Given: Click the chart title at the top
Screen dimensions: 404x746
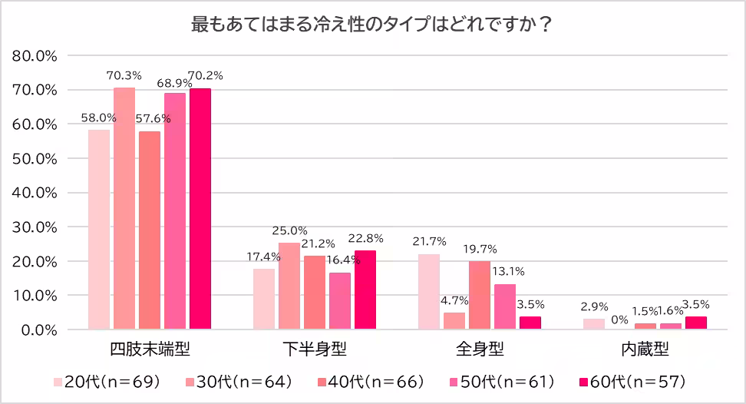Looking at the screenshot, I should pos(372,24).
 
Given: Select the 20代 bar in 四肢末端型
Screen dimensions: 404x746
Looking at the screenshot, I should pos(99,229).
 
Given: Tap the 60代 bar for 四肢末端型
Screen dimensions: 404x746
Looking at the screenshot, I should pos(200,208).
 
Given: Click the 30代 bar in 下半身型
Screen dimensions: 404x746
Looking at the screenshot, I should pos(289,286).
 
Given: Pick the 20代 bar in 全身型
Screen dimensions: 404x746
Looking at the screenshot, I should pos(429,292).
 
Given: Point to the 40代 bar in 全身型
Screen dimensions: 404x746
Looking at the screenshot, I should pos(480,295).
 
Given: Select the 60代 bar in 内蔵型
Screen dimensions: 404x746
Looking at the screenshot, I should pos(695,323).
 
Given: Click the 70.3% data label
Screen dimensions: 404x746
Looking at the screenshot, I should pos(124,75).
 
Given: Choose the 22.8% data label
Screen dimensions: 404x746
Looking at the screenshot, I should pos(365,238).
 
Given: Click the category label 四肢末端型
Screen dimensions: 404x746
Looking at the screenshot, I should pos(148,349).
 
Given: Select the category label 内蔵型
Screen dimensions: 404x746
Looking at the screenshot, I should pos(645,349).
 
